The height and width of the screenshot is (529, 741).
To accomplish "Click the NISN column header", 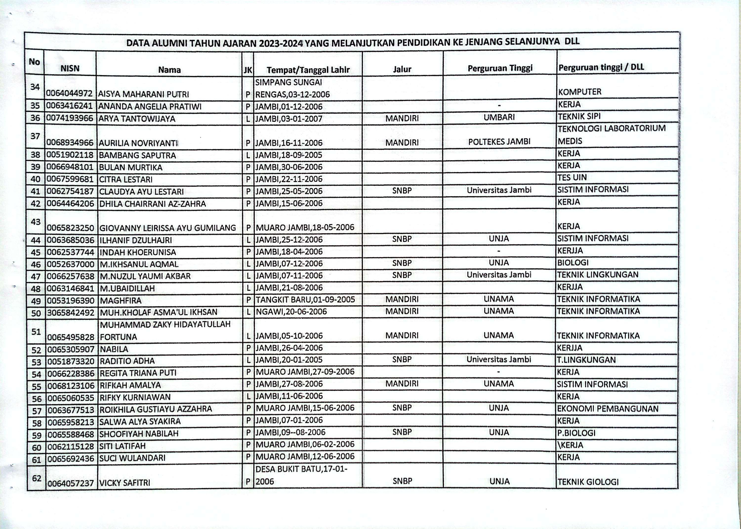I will pyautogui.click(x=70, y=68).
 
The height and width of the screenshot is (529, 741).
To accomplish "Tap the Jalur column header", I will pyautogui.click(x=402, y=69).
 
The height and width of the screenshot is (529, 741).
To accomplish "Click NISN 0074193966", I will pyautogui.click(x=70, y=118).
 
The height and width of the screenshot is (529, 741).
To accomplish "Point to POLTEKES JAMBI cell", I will pyautogui.click(x=499, y=141).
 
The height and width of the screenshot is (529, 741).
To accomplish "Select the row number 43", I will pyautogui.click(x=36, y=222).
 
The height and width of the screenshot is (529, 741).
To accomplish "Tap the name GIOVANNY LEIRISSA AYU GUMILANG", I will pyautogui.click(x=167, y=228).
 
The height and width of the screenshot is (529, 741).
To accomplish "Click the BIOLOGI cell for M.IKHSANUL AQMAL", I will pyautogui.click(x=573, y=263).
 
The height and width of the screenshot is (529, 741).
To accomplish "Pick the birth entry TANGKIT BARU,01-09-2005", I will pyautogui.click(x=305, y=299).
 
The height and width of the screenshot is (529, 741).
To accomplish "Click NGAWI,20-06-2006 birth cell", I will pyautogui.click(x=291, y=312).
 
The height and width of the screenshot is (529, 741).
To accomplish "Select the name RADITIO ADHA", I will pyautogui.click(x=127, y=361).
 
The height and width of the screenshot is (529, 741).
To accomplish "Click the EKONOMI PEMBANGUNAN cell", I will pyautogui.click(x=608, y=409).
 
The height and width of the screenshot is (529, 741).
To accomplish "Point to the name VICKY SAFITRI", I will pyautogui.click(x=125, y=483).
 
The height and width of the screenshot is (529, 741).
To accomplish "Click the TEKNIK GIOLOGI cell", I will pyautogui.click(x=588, y=482).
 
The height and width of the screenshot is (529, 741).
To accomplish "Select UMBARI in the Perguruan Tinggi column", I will pyautogui.click(x=499, y=117).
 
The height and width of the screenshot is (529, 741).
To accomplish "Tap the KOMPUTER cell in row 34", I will pyautogui.click(x=579, y=92).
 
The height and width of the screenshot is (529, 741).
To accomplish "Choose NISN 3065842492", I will pyautogui.click(x=70, y=312).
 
